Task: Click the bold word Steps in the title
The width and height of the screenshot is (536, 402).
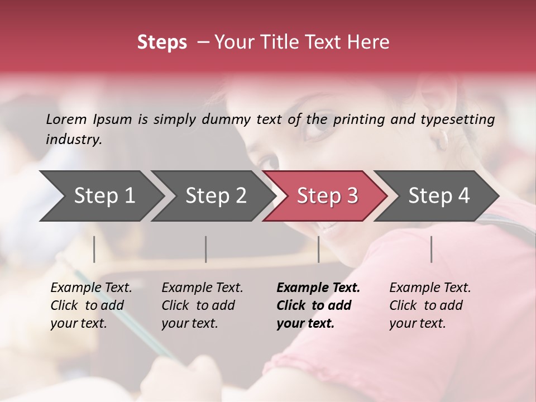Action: pos(162,42)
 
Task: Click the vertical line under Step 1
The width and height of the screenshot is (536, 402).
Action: pos(94,249)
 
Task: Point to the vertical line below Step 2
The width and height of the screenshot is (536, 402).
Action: pos(206,249)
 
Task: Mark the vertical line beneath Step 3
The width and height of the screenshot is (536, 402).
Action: pos(318,249)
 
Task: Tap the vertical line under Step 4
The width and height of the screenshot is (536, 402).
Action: pos(432,249)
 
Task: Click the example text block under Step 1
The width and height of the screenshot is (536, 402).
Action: pos(91,305)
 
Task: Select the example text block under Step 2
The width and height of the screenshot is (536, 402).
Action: pos(202,305)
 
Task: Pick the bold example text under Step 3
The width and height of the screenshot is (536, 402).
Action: pos(318,305)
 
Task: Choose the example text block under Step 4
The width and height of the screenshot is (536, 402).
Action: pos(430,305)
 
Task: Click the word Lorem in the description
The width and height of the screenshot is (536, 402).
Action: pos(66,119)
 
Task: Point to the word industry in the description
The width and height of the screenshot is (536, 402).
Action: pos(73,140)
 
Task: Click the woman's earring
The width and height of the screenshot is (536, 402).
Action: pos(443,140)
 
